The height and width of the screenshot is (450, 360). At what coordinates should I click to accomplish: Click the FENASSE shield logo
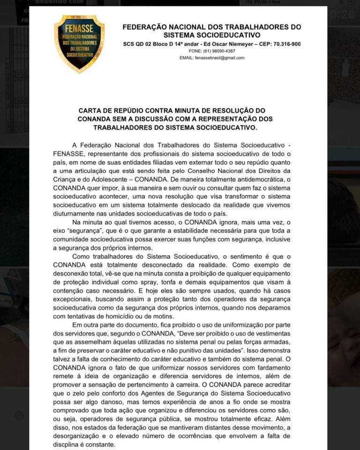click(x=79, y=44)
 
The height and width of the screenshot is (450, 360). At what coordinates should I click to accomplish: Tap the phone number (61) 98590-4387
click(x=218, y=51)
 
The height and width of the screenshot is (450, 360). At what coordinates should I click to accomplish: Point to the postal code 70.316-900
click(x=286, y=44)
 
